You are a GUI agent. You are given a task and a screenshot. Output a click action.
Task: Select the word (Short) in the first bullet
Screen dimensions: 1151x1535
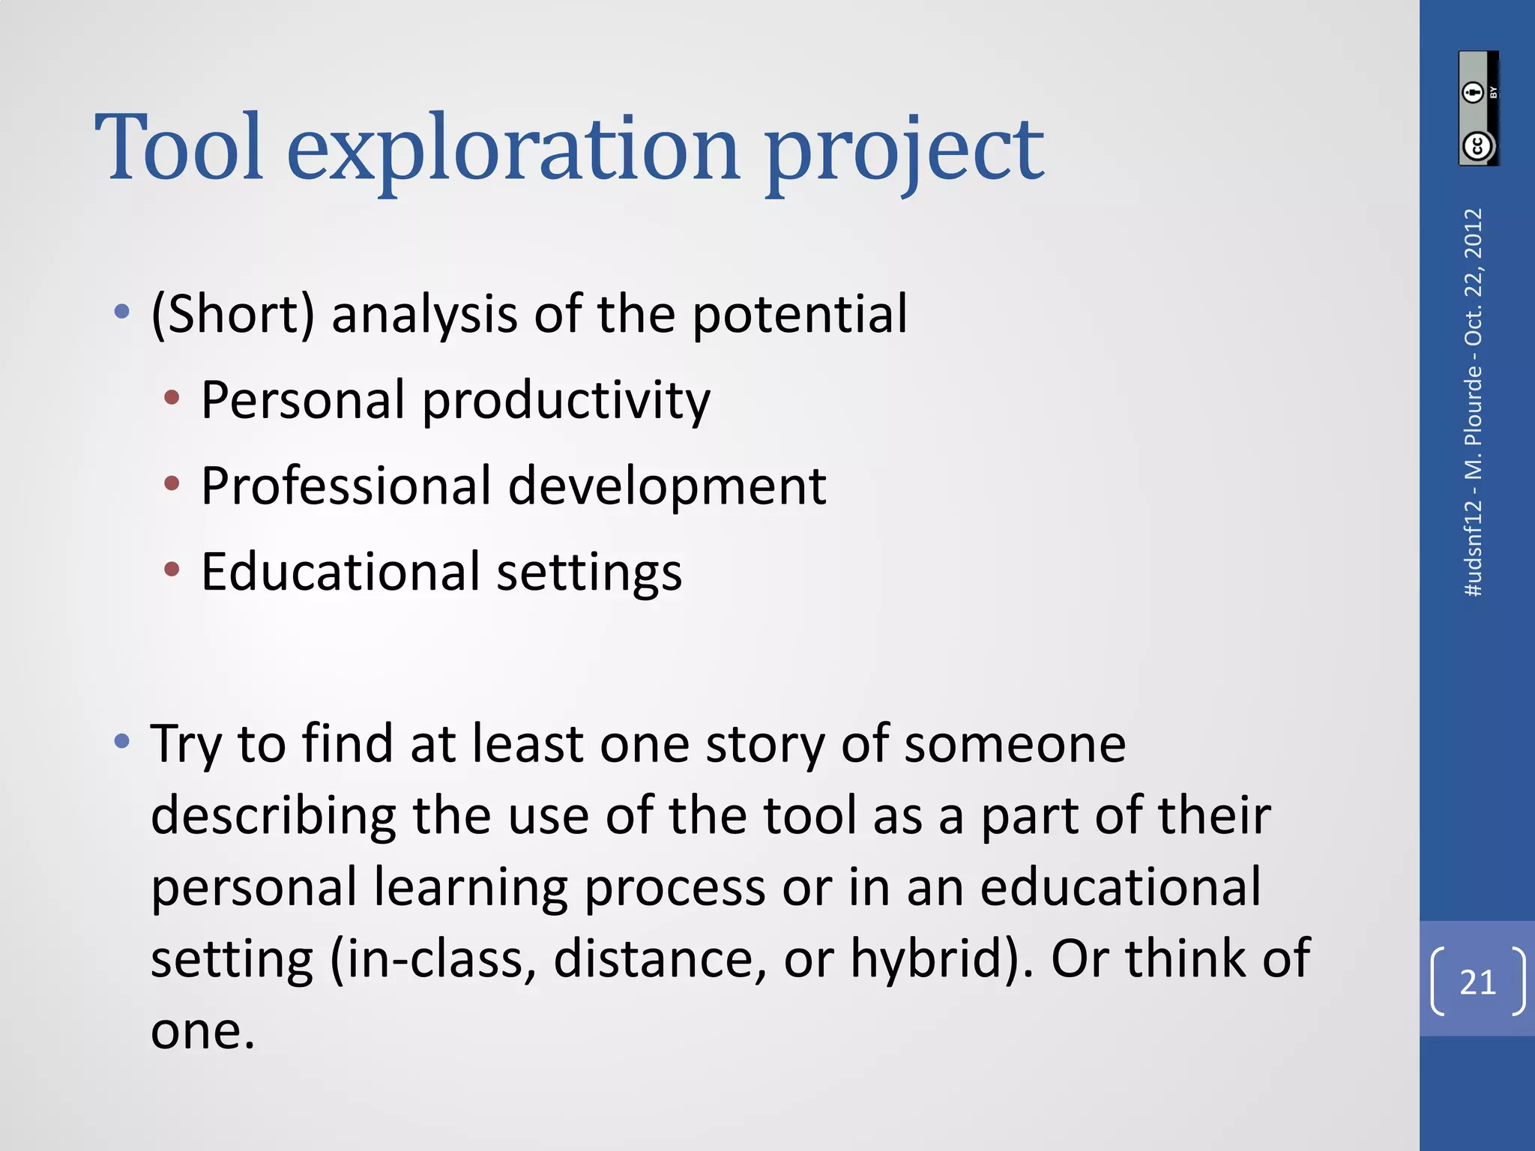tap(233, 314)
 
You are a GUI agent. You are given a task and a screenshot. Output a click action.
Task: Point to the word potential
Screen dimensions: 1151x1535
tap(800, 314)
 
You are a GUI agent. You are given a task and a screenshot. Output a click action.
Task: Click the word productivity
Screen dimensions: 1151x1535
tap(567, 401)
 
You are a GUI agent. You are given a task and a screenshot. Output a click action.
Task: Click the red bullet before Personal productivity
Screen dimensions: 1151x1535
tap(172, 398)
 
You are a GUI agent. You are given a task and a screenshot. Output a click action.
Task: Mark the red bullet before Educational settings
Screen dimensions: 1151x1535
tap(172, 570)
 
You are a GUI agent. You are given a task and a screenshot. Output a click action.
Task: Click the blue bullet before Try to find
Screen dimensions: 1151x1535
tap(122, 742)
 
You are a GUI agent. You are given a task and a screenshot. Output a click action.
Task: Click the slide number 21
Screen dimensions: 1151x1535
tap(1477, 982)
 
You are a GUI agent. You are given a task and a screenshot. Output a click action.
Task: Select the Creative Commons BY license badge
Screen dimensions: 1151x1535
tap(1478, 109)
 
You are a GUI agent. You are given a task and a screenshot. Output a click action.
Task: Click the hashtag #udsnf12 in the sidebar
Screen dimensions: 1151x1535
tap(1474, 547)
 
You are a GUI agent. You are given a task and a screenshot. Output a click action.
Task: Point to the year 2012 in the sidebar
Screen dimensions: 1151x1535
tap(1474, 233)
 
